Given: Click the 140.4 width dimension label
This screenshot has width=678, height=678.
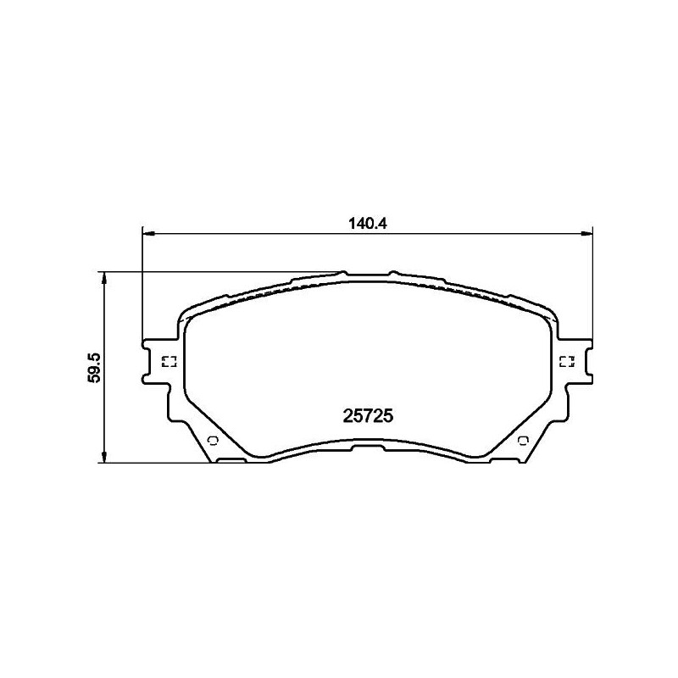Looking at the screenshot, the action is [x=367, y=224].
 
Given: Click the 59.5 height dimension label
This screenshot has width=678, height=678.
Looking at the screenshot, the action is [x=94, y=367].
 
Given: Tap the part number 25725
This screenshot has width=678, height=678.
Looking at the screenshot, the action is [x=368, y=416].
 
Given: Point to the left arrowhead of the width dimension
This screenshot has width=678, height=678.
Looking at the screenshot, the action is [x=148, y=234].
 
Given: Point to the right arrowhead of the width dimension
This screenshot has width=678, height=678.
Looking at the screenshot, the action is [x=586, y=234].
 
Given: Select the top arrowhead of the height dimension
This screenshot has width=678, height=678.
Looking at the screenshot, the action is [x=103, y=278].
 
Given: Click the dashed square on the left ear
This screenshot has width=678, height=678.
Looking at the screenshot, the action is [x=169, y=362].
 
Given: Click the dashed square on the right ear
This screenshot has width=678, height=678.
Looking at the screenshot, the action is [x=566, y=362].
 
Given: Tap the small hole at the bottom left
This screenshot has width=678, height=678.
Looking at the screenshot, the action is [x=214, y=441].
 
